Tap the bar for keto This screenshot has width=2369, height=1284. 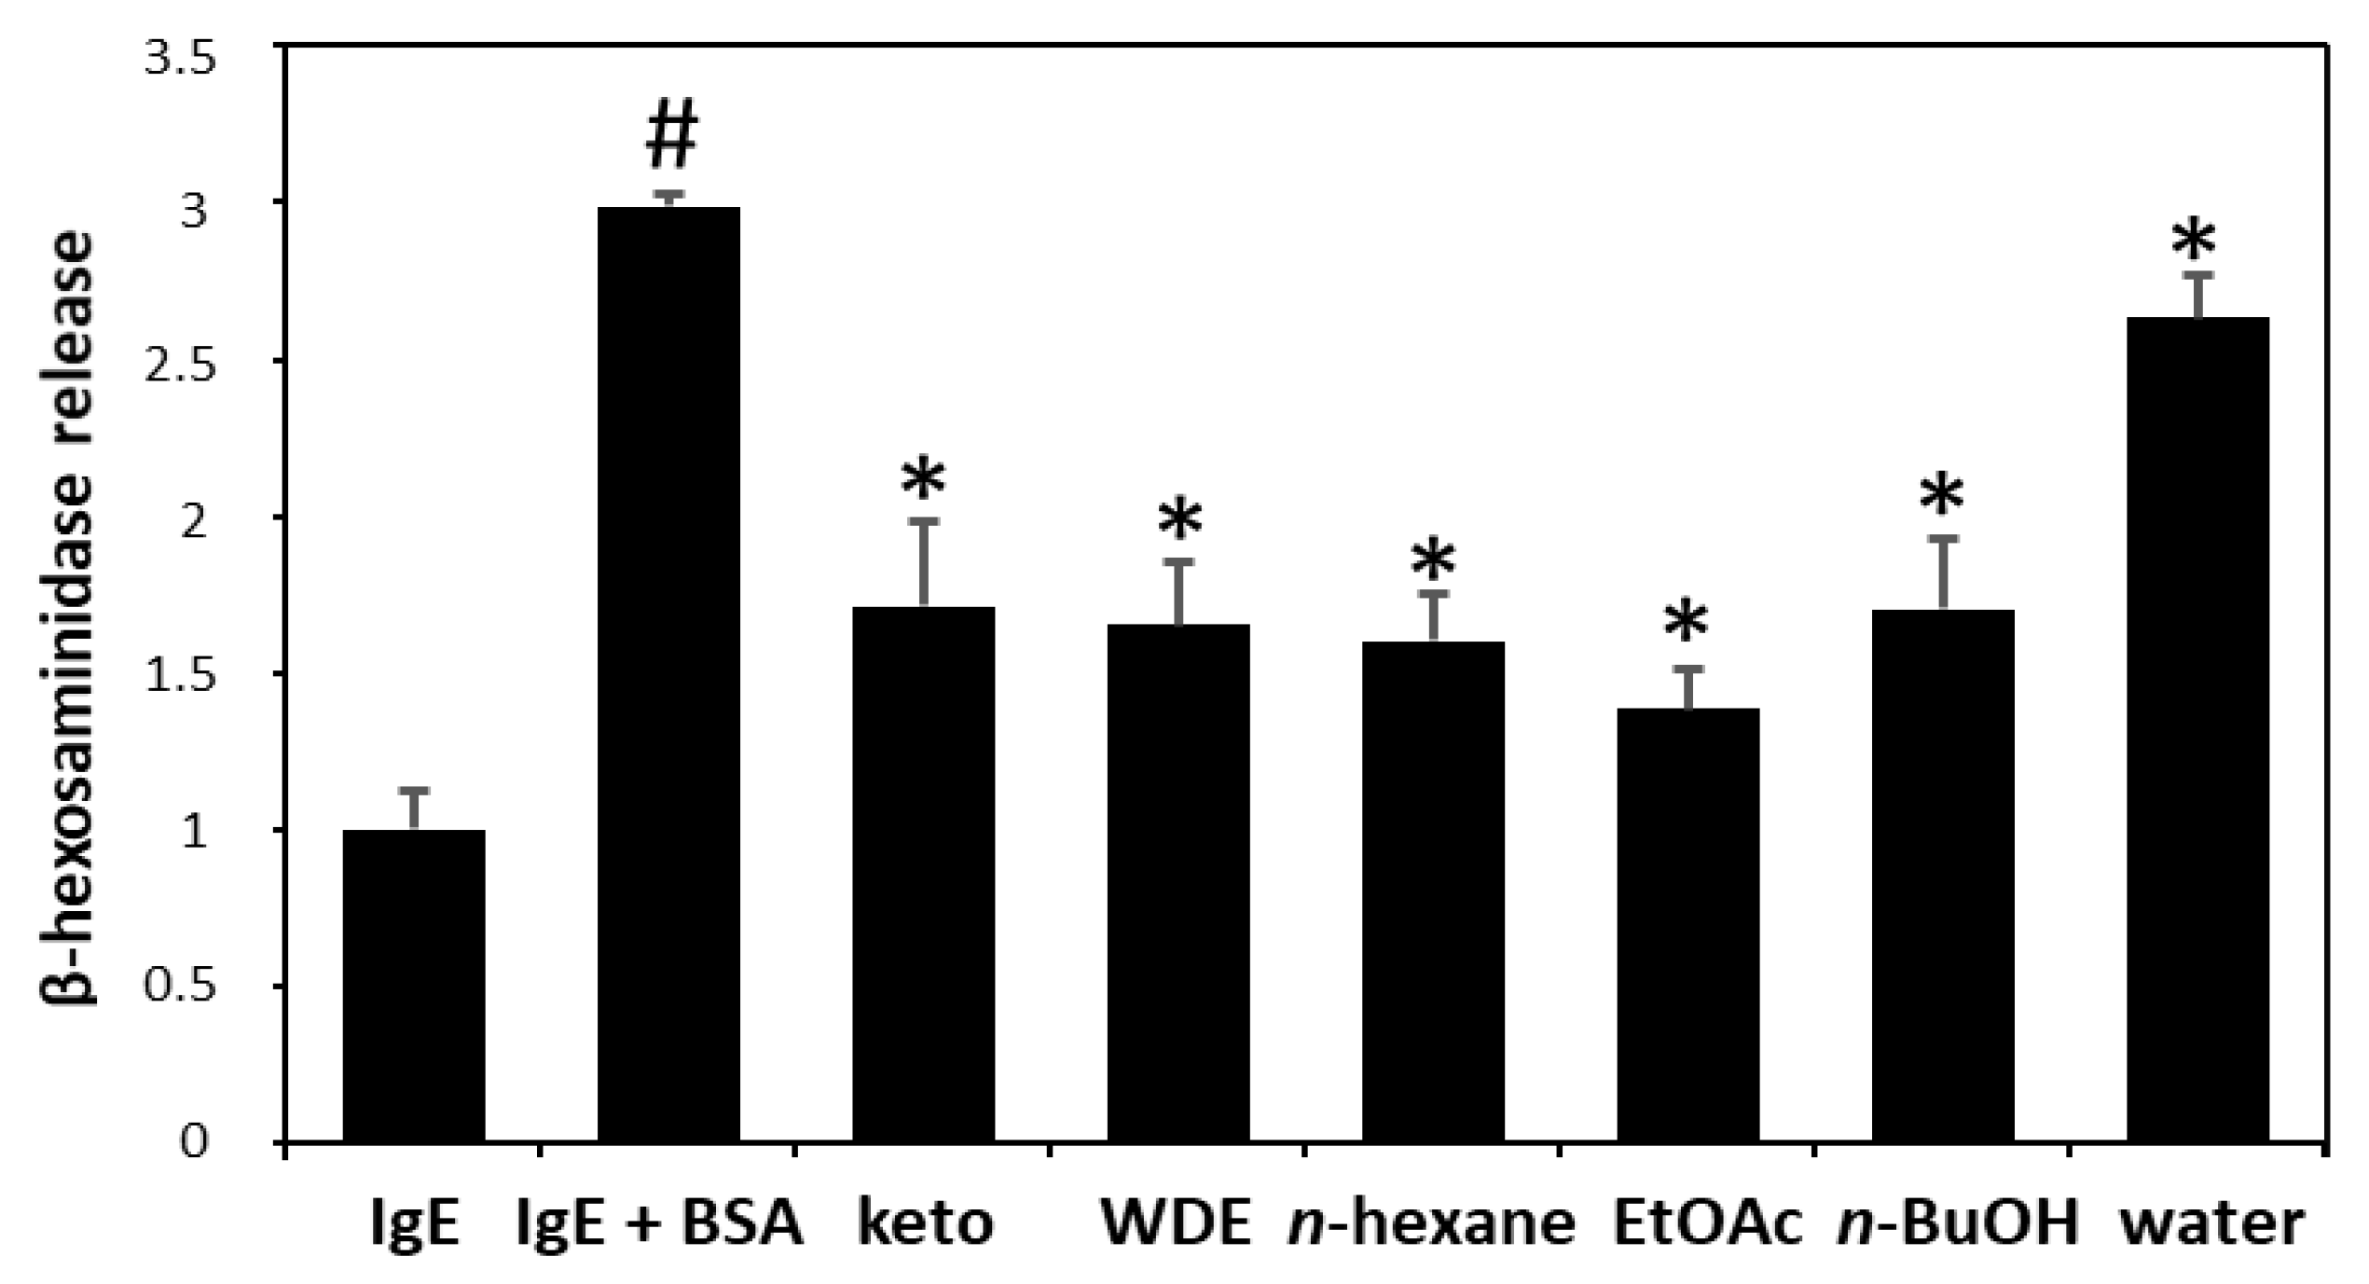tap(923, 874)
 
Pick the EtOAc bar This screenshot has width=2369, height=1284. tap(1687, 924)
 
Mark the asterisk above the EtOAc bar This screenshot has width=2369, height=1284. tap(1687, 623)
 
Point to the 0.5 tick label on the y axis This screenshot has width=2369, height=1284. tap(183, 987)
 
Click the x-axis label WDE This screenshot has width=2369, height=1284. tap(1177, 1223)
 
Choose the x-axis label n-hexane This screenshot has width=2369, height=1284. tap(1432, 1223)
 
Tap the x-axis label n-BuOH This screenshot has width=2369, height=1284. tap(1958, 1223)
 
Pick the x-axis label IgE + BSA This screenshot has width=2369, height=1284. tap(660, 1223)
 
